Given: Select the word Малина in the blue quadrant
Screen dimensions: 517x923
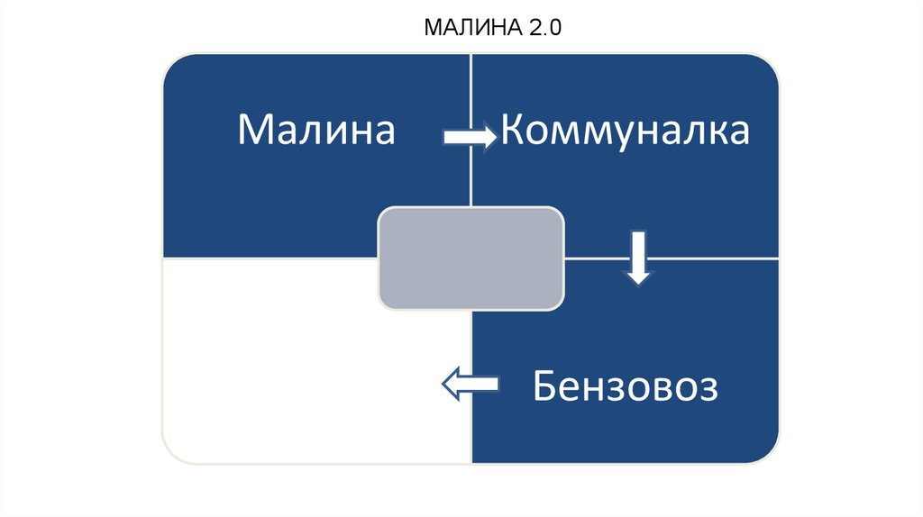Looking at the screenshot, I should (316, 130).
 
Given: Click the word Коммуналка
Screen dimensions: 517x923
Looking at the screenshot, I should (625, 130).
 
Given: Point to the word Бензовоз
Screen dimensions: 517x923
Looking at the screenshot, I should (625, 388).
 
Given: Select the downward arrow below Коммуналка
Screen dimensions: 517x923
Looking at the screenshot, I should (638, 258).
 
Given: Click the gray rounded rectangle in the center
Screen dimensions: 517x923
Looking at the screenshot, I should (471, 258).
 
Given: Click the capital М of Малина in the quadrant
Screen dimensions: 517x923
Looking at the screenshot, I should (254, 130).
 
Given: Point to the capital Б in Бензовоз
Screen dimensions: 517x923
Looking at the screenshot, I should (544, 388).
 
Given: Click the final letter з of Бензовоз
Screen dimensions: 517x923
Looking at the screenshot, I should (708, 390).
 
